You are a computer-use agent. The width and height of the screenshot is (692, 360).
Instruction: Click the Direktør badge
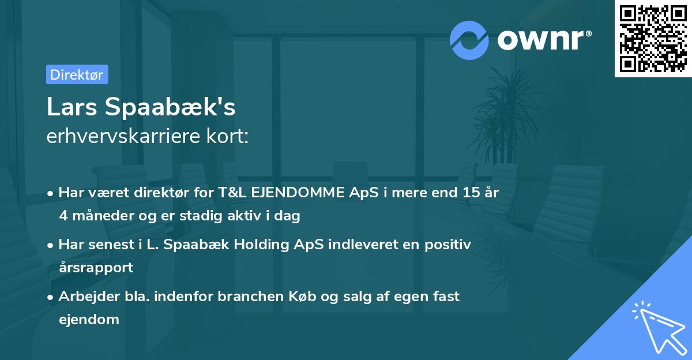[77, 74]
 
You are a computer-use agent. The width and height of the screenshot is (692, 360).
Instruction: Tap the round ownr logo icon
[470, 40]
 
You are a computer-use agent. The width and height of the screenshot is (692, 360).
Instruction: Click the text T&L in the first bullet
[233, 193]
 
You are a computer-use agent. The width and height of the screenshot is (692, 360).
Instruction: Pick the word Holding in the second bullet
[281, 245]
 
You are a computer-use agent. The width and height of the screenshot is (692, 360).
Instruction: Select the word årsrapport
[96, 268]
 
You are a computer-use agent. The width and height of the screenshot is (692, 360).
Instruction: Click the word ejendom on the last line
[89, 319]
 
